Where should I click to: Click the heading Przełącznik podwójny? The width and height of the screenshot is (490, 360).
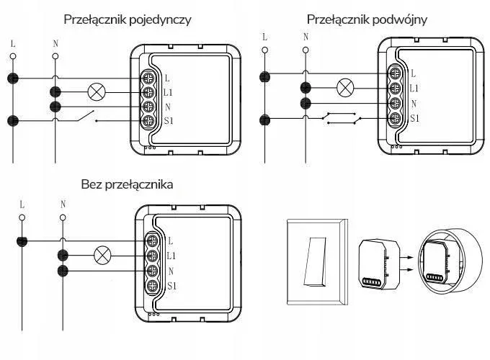click(367, 19)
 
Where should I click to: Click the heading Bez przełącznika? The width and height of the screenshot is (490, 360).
click(127, 185)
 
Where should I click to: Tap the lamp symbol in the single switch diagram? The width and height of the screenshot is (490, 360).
click(97, 91)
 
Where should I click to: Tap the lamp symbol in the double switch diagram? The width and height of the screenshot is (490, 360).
click(346, 88)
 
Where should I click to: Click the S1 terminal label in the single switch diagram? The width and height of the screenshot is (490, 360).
click(169, 122)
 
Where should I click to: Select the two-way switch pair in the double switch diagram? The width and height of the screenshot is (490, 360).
click(342, 117)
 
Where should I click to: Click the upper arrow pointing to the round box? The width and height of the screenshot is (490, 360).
click(406, 256)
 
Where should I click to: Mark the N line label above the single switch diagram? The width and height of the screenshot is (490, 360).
click(56, 41)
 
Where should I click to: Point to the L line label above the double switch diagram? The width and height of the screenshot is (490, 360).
click(264, 37)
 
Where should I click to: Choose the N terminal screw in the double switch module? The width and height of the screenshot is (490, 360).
click(395, 103)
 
